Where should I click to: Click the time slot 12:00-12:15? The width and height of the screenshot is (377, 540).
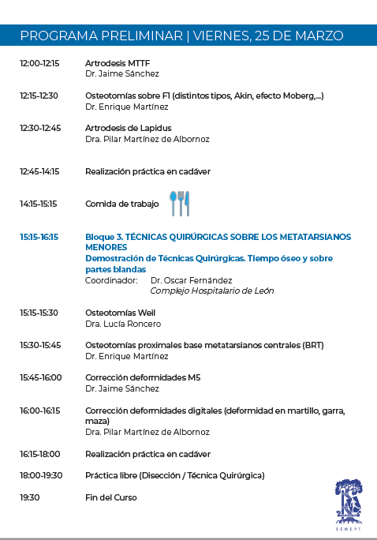(x=39, y=62)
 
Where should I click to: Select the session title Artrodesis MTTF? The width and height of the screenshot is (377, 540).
(x=118, y=62)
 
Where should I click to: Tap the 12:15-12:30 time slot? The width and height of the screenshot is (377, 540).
(x=39, y=96)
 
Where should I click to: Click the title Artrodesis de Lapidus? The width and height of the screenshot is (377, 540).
(x=128, y=128)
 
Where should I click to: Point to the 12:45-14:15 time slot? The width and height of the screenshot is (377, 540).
(x=39, y=171)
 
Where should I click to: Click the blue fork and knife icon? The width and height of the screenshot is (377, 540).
(x=179, y=203)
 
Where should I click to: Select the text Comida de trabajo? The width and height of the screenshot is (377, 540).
(x=121, y=204)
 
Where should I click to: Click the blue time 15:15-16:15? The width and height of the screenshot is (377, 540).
(x=39, y=237)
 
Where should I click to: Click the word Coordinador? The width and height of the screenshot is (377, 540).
(x=111, y=280)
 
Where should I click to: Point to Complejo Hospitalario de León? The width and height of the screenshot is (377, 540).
(x=211, y=291)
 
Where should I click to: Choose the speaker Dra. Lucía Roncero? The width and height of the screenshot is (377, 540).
(x=123, y=324)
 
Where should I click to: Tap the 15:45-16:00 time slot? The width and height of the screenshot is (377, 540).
(x=40, y=377)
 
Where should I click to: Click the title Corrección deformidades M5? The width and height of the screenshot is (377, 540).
(x=143, y=377)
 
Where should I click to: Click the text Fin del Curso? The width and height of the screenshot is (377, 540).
(x=110, y=497)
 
